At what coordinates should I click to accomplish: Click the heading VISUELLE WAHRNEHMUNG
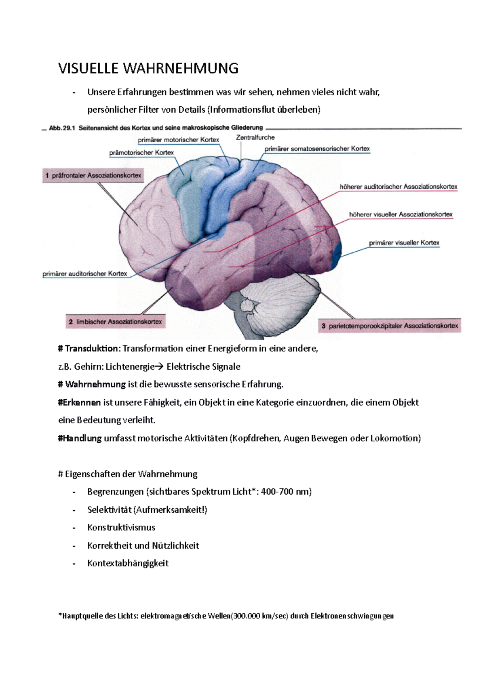point(148,68)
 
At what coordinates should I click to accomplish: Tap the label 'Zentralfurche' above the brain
point(255,137)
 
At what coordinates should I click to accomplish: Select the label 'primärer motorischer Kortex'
point(178,140)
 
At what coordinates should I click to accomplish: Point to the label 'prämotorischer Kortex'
point(141,153)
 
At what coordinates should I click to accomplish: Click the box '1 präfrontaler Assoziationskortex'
point(93,175)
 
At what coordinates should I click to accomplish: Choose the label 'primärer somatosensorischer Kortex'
point(317,149)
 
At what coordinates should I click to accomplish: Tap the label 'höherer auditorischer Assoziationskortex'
point(398,187)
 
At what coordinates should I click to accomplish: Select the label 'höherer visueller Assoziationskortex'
point(401,214)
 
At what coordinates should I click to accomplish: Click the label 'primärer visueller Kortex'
point(404,243)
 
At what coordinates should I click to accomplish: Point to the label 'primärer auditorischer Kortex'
point(85,274)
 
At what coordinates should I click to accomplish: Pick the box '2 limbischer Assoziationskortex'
point(115,322)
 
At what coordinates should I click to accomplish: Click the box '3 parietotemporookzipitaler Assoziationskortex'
point(390,326)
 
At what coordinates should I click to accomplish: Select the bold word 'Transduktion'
point(92,348)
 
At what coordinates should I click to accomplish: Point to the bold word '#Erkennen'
point(80,402)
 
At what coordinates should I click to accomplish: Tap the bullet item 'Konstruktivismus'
point(121,527)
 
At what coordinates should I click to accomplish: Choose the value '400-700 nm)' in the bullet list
point(286,492)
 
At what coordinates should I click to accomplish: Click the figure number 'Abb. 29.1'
point(62,128)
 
